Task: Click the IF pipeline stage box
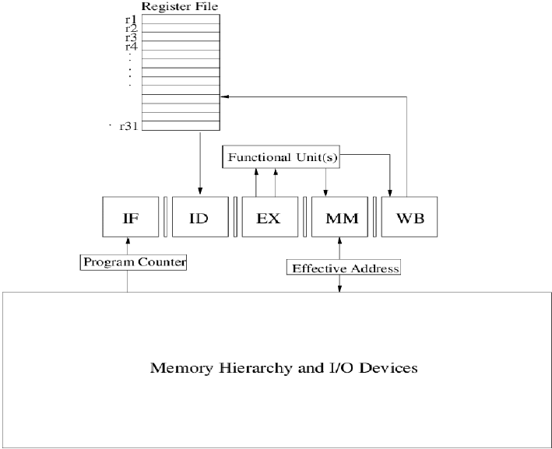tap(130, 219)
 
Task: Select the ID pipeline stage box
tap(200, 219)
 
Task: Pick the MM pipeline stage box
tap(339, 219)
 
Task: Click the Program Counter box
tap(134, 262)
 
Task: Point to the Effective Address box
tap(344, 268)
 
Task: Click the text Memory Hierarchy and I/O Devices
tap(283, 367)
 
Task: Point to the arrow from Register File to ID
tap(201, 163)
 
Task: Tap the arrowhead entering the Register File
tap(224, 96)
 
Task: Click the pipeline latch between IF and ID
tap(165, 219)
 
